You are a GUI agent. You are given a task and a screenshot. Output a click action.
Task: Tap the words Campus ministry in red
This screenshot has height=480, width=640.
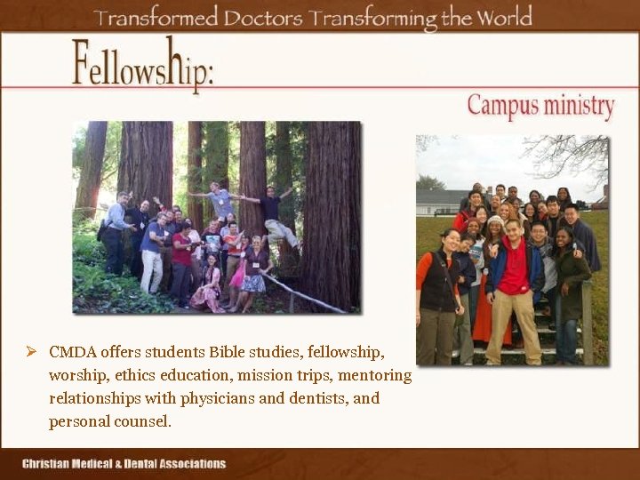[x=540, y=107]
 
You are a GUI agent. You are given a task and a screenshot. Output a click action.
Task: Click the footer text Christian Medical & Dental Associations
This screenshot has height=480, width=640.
[x=124, y=463]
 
